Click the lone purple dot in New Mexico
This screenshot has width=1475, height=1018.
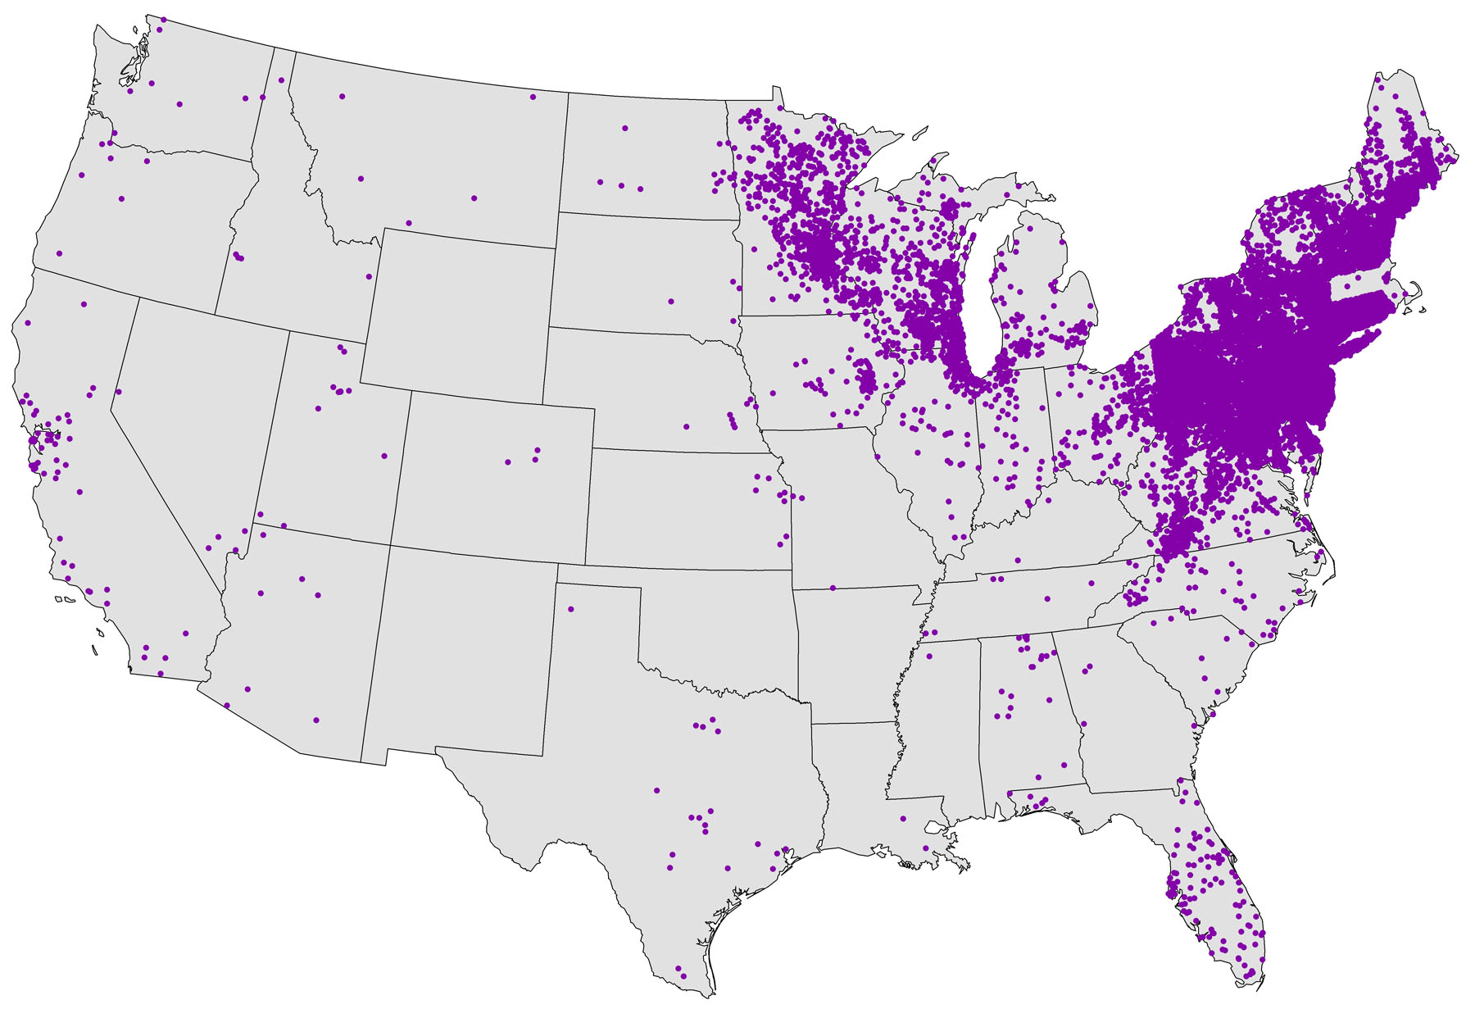coord(571,609)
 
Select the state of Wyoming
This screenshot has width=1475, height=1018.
coord(459,311)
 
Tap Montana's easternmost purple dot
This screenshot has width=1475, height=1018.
coord(533,97)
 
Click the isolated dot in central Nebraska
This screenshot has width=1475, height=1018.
coord(687,426)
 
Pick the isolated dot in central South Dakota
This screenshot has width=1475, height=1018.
coord(670,302)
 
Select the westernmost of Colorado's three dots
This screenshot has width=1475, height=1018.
coord(508,462)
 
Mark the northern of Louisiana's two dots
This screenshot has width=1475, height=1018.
coord(903,818)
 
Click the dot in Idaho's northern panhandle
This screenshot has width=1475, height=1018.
coord(281,80)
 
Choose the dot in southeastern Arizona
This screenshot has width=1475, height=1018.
coord(316,720)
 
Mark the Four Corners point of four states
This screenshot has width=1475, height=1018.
coord(391,544)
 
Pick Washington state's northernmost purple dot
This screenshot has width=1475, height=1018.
coord(164,19)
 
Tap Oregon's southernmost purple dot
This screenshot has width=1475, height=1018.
coord(59,253)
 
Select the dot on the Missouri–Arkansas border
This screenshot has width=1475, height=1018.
coord(833,588)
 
